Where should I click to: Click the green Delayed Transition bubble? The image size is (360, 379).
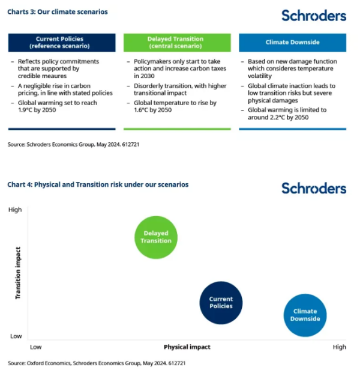point(156,237)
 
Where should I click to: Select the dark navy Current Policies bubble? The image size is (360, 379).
point(221,303)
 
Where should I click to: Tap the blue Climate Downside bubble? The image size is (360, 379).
point(305,315)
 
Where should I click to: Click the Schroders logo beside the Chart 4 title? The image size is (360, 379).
point(314,188)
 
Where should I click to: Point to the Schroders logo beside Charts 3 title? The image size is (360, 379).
point(314,16)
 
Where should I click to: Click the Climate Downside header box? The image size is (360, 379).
point(293,43)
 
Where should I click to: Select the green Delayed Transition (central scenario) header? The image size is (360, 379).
point(177,43)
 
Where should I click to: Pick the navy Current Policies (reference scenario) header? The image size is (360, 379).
point(62,43)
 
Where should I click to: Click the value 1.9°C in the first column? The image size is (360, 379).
point(26,110)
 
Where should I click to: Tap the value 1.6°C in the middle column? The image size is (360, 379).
point(142,110)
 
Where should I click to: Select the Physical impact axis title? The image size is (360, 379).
point(187,347)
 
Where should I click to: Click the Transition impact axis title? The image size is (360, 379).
point(18,273)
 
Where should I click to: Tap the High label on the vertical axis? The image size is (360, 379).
point(15,210)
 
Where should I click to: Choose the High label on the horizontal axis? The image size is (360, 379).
point(340,347)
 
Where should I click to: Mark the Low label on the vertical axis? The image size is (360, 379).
point(16,336)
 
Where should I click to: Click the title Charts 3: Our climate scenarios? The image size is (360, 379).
point(58,12)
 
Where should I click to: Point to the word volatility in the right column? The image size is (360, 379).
point(260,76)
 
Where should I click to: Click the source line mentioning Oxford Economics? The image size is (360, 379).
point(97,363)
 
